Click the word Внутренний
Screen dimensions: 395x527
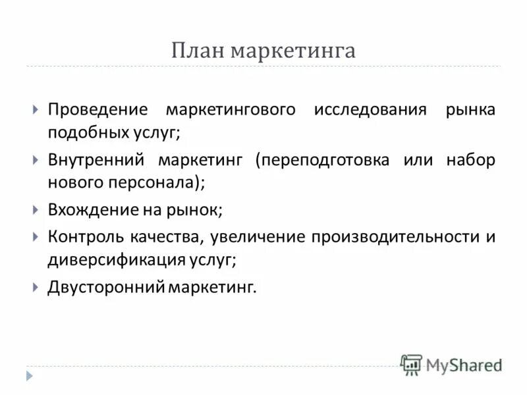point(96,160)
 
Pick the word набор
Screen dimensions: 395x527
point(470,160)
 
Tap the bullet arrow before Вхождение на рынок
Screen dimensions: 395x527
point(36,211)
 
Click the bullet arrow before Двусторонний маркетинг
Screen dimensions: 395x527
point(36,288)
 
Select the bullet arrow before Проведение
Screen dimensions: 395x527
point(36,109)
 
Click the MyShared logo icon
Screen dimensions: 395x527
point(412,364)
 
